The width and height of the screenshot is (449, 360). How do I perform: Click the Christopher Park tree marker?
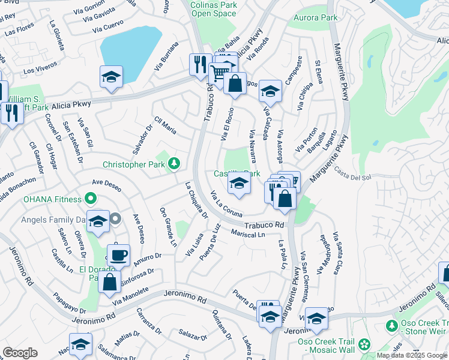(174, 163)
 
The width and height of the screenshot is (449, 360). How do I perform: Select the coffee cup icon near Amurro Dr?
(118, 254)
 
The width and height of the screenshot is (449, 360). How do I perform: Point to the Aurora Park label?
(316, 18)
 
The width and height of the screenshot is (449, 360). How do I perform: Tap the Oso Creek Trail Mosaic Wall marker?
(364, 344)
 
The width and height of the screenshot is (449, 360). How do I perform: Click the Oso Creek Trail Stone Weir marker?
(392, 326)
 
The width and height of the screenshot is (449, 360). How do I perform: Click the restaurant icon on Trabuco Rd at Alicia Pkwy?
(199, 64)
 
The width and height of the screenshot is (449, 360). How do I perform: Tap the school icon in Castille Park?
(239, 184)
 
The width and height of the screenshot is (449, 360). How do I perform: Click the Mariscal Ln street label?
(248, 233)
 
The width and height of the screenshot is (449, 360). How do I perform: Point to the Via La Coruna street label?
(226, 205)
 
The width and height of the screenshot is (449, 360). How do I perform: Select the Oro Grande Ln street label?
(168, 227)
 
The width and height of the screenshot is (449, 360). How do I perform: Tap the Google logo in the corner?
(20, 353)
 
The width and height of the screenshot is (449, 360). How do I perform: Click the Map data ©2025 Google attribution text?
(411, 355)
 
